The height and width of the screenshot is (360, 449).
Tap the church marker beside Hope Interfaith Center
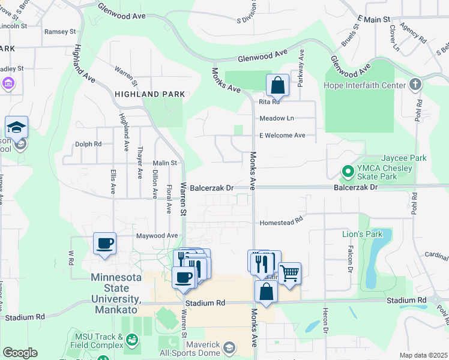pyautogui.click(x=414, y=85)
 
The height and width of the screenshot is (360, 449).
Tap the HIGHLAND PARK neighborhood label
pyautogui.click(x=150, y=94)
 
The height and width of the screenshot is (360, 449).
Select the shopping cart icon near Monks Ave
pyautogui.click(x=290, y=273)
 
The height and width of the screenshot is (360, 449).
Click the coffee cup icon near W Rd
pyautogui.click(x=105, y=244)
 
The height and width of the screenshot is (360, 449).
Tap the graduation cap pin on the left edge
pyautogui.click(x=16, y=127)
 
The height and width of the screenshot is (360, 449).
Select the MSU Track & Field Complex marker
pyautogui.click(x=131, y=340)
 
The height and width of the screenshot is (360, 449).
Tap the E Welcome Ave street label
pyautogui.click(x=282, y=136)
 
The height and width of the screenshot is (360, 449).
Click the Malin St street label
pyautogui.click(x=165, y=163)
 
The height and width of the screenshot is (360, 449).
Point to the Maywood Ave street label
pyautogui.click(x=157, y=236)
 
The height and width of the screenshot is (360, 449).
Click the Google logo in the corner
pyautogui.click(x=20, y=353)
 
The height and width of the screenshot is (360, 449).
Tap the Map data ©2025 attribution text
pyautogui.click(x=423, y=356)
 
